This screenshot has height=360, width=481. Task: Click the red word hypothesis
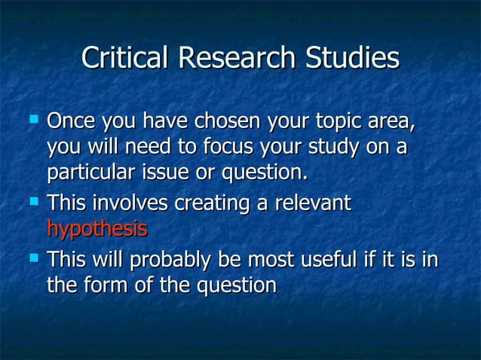[97, 229]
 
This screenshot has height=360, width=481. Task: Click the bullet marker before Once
[32, 119]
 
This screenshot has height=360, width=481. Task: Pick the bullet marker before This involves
[32, 201]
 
